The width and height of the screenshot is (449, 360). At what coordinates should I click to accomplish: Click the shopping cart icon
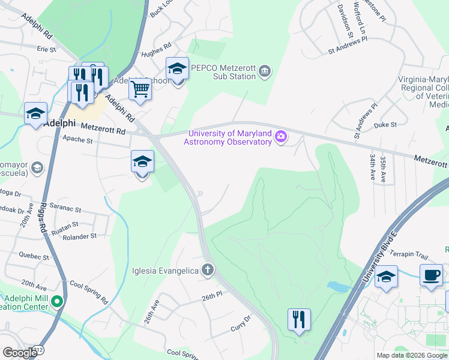click(x=140, y=89)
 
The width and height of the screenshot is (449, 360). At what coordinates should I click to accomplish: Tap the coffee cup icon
click(x=431, y=275)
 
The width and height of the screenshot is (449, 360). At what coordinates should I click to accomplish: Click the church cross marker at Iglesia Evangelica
click(x=208, y=270)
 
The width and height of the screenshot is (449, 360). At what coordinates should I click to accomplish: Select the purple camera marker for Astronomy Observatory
click(x=280, y=137)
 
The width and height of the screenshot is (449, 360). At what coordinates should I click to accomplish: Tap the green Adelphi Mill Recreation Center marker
click(x=57, y=301)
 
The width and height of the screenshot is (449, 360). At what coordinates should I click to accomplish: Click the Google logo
click(x=20, y=353)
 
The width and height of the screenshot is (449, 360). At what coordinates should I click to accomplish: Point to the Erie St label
click(x=46, y=49)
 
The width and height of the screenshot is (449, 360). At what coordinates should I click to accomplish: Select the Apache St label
click(x=78, y=140)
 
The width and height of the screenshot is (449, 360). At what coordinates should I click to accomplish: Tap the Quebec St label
click(x=34, y=256)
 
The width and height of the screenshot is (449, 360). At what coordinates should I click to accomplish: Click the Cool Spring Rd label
click(x=88, y=292)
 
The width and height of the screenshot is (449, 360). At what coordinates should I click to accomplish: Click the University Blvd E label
click(x=382, y=253)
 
